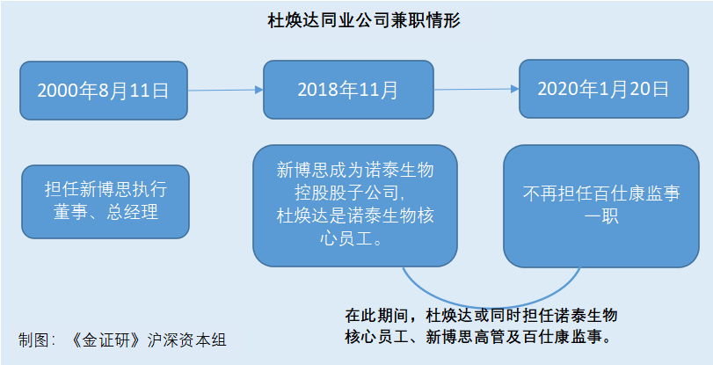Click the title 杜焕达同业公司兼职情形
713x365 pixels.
coord(364,21)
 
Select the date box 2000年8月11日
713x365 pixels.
coord(104,91)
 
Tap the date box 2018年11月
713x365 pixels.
coord(348,90)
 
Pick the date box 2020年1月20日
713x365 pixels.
coord(604,89)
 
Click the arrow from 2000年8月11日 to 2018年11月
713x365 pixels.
coord(226,90)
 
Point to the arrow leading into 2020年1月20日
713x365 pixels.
coord(477,89)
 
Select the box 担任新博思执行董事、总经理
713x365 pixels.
coord(105,201)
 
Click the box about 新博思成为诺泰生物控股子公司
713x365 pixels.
coord(355,206)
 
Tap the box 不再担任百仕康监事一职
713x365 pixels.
coord(601,206)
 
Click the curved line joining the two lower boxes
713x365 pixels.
coord(491,306)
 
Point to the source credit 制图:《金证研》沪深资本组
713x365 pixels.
coord(122,340)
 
